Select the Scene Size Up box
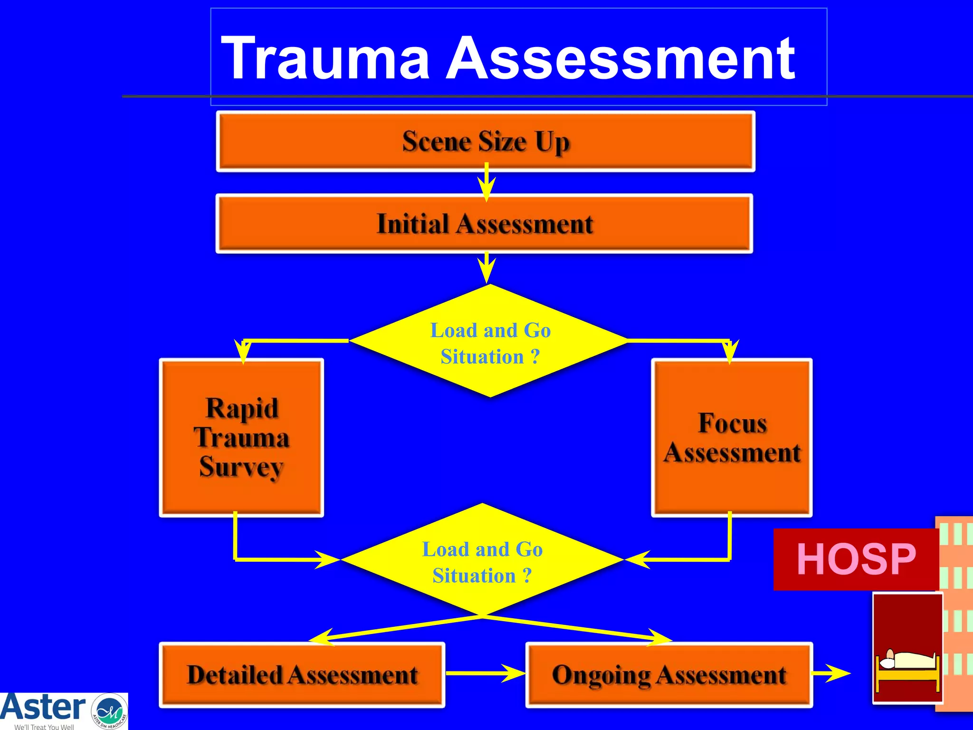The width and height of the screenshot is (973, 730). click(x=485, y=142)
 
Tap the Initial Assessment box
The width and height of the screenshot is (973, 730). click(x=484, y=223)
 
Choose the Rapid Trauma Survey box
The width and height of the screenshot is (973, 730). click(x=241, y=437)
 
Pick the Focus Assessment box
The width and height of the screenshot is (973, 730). click(x=732, y=437)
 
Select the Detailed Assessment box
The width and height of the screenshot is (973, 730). click(x=302, y=675)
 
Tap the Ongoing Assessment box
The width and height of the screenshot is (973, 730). click(x=669, y=675)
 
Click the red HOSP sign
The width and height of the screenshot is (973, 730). click(x=856, y=559)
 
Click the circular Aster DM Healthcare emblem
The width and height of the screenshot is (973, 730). click(x=109, y=711)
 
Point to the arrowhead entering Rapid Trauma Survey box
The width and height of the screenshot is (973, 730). click(x=242, y=353)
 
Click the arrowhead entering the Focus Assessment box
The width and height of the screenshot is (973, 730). click(x=730, y=353)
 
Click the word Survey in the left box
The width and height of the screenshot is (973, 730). click(x=241, y=467)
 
